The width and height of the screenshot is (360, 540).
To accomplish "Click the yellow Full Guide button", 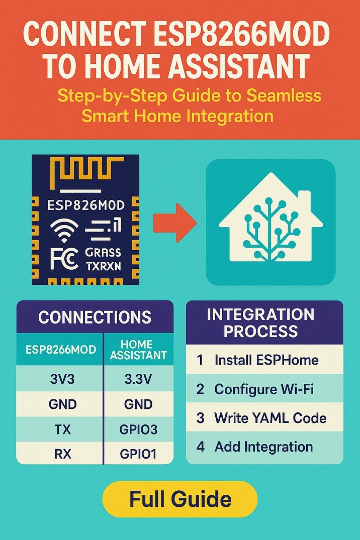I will pyautogui.click(x=179, y=499).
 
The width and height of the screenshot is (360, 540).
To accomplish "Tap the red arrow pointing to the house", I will pyautogui.click(x=174, y=221).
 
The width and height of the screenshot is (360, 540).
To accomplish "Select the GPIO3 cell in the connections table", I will pyautogui.click(x=138, y=430).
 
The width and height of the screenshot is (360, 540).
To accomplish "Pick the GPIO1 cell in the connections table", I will pyautogui.click(x=138, y=454).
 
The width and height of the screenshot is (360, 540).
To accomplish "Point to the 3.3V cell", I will pyautogui.click(x=138, y=379).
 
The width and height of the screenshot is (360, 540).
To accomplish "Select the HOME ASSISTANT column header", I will pyautogui.click(x=138, y=349).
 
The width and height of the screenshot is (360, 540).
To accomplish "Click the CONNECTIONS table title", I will pyautogui.click(x=95, y=317).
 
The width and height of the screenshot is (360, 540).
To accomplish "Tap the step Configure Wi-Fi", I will pyautogui.click(x=264, y=389).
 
